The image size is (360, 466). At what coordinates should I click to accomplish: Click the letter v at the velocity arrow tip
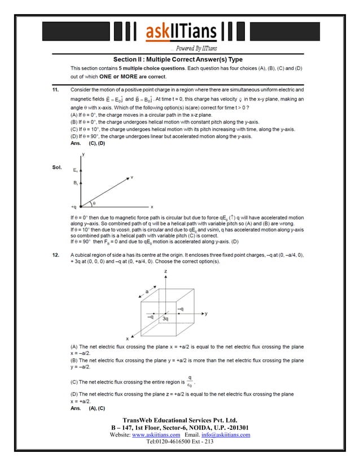pyautogui.click(x=132, y=177)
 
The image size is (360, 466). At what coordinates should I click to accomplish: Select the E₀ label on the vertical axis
pyautogui.click(x=76, y=169)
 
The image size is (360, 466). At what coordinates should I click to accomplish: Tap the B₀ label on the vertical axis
pyautogui.click(x=76, y=183)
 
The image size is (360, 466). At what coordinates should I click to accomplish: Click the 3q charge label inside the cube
pyautogui.click(x=165, y=319)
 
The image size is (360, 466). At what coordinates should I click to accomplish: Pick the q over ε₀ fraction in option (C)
pyautogui.click(x=190, y=381)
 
